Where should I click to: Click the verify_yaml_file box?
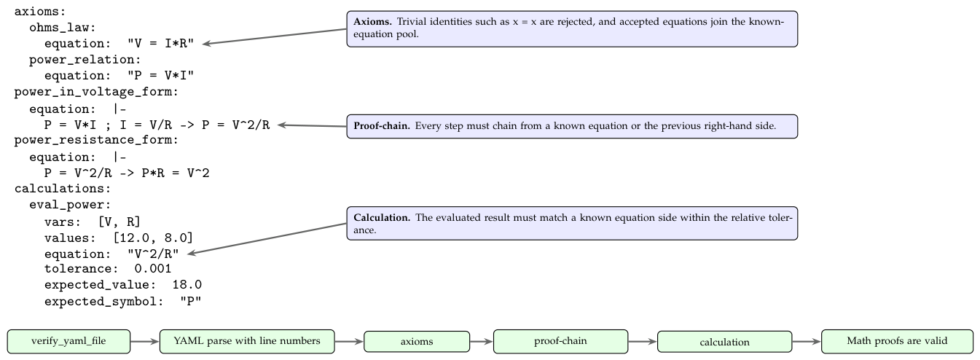[x=68, y=341]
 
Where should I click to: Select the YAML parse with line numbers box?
[x=247, y=341]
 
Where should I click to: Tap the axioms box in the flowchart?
[x=417, y=342]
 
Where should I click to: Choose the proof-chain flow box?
[x=560, y=341]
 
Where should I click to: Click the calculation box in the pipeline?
[x=724, y=342]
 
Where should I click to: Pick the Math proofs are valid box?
[x=898, y=341]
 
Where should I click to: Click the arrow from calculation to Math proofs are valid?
[x=807, y=342]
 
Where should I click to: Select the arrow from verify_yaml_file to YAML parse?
[x=145, y=341]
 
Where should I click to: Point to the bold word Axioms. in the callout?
[x=373, y=21]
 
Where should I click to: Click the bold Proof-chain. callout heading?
[x=382, y=126]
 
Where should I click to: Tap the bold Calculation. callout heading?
[x=382, y=217]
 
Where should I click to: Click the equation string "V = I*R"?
[x=160, y=43]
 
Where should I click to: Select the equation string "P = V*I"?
[x=160, y=75]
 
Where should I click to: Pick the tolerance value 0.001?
[x=153, y=269]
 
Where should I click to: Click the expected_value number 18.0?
[x=187, y=285]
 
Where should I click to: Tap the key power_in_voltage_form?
[x=96, y=92]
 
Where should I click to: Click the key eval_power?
[x=70, y=205]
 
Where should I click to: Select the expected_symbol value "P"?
[x=191, y=301]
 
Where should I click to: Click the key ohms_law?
[x=62, y=28]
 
